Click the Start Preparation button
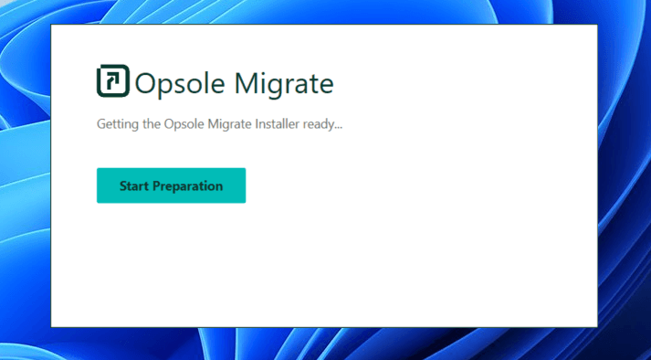click(x=171, y=185)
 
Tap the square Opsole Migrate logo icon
click(x=112, y=81)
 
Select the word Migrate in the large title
click(x=284, y=83)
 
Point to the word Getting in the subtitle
click(x=116, y=124)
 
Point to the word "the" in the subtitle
click(x=149, y=123)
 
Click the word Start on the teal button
click(x=134, y=185)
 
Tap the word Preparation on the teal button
click(x=188, y=185)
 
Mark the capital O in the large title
click(x=146, y=83)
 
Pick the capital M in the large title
click(x=248, y=83)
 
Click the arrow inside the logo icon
click(x=111, y=82)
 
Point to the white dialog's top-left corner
click(x=52, y=26)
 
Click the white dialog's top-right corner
click(x=596, y=26)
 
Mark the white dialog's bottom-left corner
click(x=52, y=325)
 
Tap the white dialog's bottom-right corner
click(x=596, y=325)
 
